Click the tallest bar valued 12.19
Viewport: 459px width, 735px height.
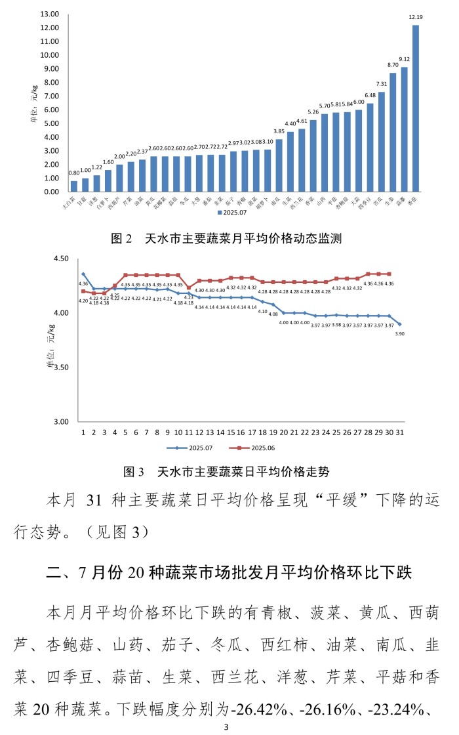[x=416, y=108]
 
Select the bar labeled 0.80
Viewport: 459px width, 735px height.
[x=74, y=186]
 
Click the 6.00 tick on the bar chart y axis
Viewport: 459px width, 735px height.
[x=52, y=110]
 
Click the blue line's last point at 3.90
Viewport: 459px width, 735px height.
[x=399, y=324]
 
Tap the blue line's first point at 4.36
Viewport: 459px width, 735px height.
[x=83, y=274]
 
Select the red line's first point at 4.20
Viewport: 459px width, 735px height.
[x=83, y=291]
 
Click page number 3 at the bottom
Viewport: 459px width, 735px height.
[x=226, y=726]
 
